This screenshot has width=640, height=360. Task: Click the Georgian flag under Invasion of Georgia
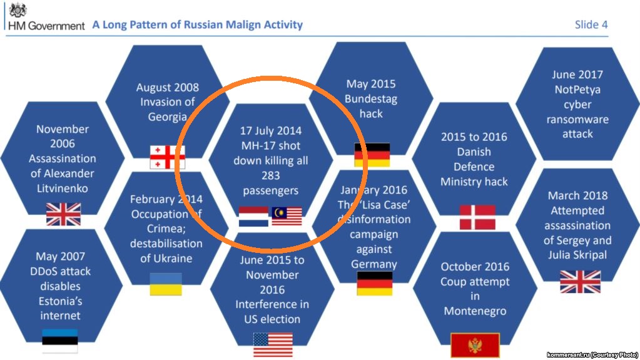pos(167,157)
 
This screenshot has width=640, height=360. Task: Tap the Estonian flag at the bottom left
pos(60,341)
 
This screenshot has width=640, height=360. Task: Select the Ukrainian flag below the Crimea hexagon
pos(166,284)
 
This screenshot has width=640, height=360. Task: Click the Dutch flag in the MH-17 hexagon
pos(253,217)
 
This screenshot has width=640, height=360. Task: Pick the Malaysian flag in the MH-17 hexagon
pos(287,216)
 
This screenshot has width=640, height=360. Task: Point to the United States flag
pos(273,345)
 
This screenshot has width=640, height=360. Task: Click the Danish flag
pos(477,217)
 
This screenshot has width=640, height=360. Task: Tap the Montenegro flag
pos(475,346)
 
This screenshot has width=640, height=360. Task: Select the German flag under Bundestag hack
pos(372,155)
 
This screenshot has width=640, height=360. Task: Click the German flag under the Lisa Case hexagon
pos(375,283)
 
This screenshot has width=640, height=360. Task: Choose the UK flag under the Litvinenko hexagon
pos(63,214)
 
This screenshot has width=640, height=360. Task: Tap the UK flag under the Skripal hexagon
pos(580,282)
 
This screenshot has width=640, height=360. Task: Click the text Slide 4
pos(591,24)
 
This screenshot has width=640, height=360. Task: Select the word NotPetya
pos(577,90)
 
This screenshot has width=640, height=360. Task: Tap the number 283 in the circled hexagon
pos(271,176)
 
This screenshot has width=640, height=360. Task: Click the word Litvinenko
pos(63,188)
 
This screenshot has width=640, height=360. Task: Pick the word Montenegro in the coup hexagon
pos(475,311)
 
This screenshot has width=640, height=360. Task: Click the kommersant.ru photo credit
pos(592,355)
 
